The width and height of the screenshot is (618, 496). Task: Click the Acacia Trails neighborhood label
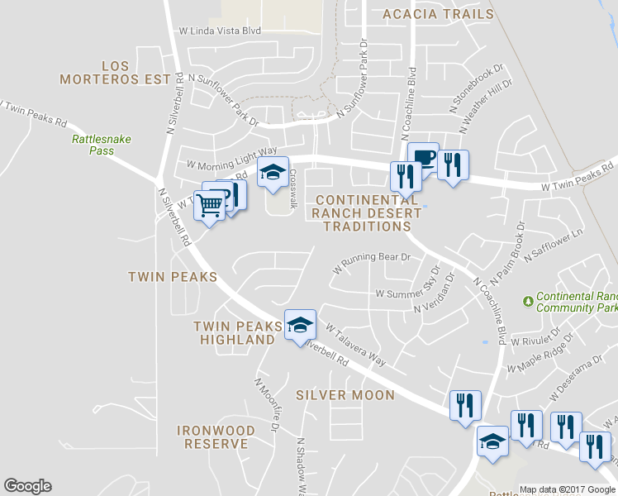click(438, 14)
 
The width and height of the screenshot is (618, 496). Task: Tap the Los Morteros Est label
click(121, 72)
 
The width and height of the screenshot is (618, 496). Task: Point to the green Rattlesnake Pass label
click(102, 145)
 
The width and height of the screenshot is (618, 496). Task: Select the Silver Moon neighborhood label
click(345, 395)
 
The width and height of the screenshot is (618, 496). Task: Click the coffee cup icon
click(423, 157)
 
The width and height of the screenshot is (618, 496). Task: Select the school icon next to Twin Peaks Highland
click(300, 325)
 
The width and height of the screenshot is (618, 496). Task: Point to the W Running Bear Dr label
click(372, 263)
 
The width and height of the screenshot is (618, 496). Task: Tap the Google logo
click(27, 486)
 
